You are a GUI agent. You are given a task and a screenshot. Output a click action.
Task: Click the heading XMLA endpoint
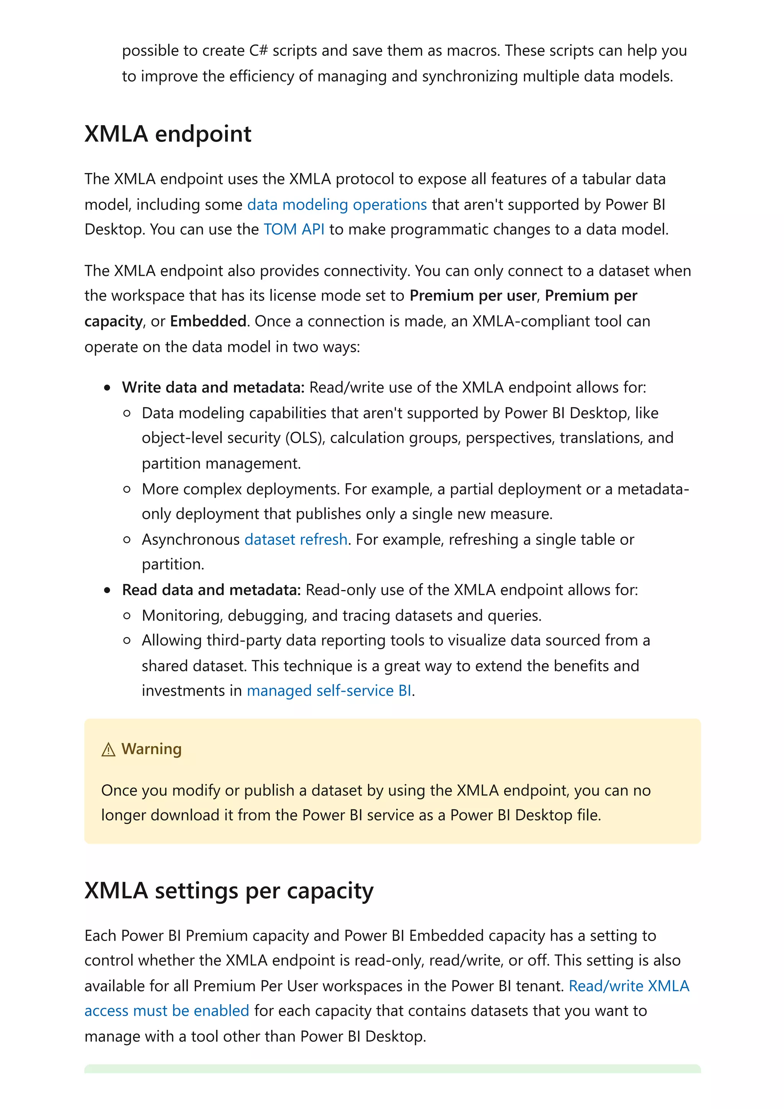coord(168,134)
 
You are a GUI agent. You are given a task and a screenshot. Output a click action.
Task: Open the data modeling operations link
coord(337,204)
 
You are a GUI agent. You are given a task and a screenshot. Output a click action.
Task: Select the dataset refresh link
coord(296,539)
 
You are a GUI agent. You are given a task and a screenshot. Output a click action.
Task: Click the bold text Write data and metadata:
coord(213,387)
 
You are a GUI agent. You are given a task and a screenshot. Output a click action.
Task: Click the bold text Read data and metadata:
coord(211,590)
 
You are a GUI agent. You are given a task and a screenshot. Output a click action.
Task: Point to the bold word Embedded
coord(208,321)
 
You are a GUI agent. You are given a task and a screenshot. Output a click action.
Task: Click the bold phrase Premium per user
coord(473,295)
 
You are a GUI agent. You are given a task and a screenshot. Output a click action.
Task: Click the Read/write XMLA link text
coord(629,986)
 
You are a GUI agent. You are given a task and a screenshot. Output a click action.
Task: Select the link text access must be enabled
coord(167,1011)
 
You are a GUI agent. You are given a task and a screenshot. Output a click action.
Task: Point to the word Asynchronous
coord(190,539)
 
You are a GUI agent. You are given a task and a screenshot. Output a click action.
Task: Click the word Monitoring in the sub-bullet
coord(181,615)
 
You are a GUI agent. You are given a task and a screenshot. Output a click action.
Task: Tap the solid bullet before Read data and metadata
coord(107,590)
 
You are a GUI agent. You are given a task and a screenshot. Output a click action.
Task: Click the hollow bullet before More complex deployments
coord(127,489)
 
